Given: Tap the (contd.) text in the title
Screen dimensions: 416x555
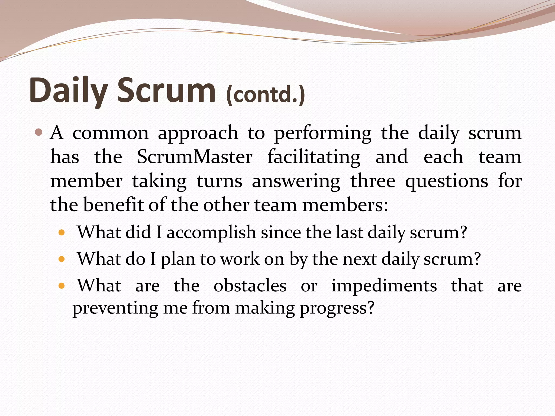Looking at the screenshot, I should pos(266,95).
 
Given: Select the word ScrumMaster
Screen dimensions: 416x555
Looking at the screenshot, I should pos(195,157).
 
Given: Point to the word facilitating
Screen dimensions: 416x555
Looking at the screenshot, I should pos(314,157).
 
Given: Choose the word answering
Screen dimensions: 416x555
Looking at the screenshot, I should pos(296,181).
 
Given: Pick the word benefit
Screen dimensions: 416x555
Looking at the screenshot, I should pos(113,205).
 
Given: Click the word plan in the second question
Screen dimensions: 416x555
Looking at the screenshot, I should pos(178,259).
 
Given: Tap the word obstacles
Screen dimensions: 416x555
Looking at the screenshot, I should pos(250,285).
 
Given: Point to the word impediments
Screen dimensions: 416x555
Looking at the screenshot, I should pos(384,286).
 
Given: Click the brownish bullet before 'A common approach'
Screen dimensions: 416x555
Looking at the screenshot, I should pos(39,133).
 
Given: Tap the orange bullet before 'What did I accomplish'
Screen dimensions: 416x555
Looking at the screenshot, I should pos(62,233).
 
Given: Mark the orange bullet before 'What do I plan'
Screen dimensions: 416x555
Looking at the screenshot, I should pos(62,259).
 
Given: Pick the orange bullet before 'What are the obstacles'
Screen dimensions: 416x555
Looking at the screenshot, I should pos(62,286).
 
